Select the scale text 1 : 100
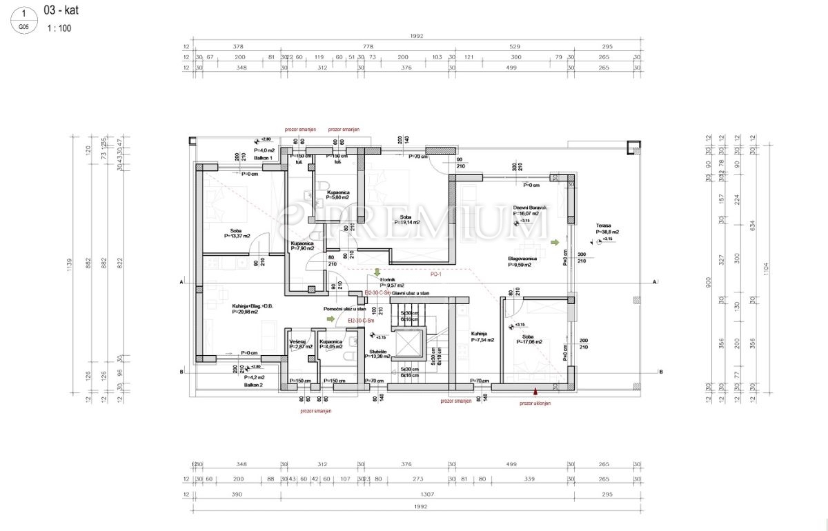(59, 28)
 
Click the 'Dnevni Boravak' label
(530, 208)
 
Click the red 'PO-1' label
(436, 274)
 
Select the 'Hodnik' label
(387, 279)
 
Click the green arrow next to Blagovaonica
(555, 243)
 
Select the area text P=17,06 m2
(528, 342)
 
